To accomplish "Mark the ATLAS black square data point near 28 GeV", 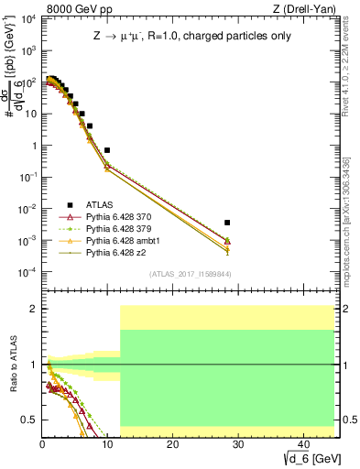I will pos(227,223).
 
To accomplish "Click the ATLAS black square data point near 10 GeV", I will pos(107,149).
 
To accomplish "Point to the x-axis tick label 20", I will pos(172,442).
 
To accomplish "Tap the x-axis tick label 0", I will pos(42,442).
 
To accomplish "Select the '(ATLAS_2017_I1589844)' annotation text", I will pos(190,274).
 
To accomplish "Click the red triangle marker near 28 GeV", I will pos(227,241).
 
